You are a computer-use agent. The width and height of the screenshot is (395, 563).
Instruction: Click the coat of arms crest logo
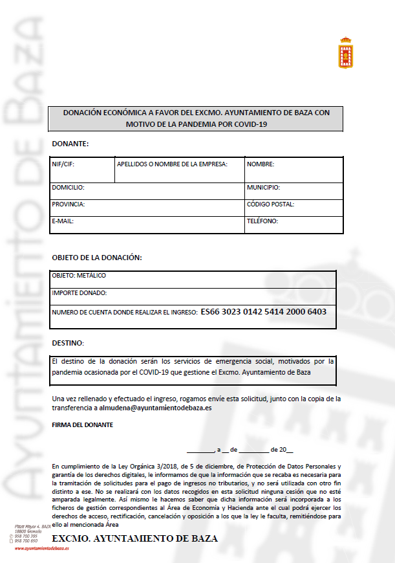click(347, 53)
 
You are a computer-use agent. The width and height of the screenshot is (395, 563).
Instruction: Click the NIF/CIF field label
click(63, 164)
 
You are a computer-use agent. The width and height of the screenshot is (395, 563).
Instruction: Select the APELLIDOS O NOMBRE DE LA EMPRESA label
click(172, 164)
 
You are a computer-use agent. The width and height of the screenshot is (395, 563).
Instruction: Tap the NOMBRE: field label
click(261, 164)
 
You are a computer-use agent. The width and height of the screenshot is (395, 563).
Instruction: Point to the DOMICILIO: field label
click(68, 188)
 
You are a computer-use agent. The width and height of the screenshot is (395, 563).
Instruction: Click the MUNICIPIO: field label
click(263, 188)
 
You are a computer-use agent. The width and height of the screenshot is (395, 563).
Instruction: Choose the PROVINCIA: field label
click(69, 204)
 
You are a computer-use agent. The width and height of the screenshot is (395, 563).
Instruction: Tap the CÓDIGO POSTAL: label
click(270, 204)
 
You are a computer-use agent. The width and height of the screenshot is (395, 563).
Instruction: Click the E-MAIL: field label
click(63, 221)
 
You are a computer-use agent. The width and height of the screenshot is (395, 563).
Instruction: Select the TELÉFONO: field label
click(262, 221)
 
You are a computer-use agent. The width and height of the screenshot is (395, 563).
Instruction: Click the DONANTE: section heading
click(70, 143)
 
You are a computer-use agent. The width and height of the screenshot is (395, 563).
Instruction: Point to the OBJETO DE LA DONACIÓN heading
click(96, 258)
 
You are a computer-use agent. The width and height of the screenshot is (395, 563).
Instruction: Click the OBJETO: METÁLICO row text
click(79, 276)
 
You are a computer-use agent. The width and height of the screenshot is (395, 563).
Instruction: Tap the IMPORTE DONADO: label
click(80, 293)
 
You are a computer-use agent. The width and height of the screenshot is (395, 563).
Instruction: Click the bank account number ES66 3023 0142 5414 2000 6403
click(264, 312)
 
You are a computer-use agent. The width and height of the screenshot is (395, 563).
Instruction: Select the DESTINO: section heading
click(67, 342)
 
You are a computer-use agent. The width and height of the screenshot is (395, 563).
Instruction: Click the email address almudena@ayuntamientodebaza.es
click(155, 408)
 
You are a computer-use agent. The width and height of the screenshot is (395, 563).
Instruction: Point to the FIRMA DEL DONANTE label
click(82, 425)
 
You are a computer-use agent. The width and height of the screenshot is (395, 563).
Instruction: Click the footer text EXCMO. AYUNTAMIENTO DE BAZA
click(134, 538)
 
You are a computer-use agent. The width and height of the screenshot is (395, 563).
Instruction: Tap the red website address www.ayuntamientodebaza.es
click(42, 548)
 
